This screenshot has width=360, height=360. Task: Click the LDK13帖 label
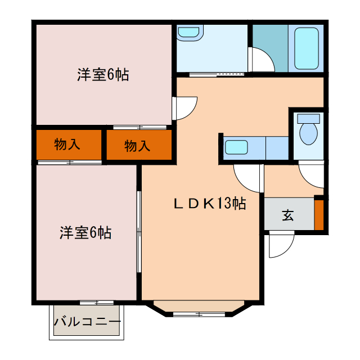[209, 204]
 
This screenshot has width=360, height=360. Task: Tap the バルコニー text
[87, 322]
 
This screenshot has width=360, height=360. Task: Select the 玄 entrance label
[287, 215]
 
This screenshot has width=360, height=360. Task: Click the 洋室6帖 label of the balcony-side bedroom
[85, 232]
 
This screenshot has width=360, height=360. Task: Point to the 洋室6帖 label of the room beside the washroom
[103, 74]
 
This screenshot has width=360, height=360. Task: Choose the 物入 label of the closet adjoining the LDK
[137, 146]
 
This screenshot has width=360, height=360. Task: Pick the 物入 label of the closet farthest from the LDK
[67, 145]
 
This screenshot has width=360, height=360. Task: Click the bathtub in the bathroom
[307, 48]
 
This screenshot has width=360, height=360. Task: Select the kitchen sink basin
[236, 148]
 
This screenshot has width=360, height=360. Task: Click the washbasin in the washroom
[189, 33]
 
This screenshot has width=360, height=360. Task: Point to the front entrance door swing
[281, 245]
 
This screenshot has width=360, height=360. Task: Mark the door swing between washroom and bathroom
[262, 59]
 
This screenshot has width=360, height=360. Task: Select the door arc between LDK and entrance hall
[246, 177]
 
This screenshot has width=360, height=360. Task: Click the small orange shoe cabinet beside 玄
[319, 214]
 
